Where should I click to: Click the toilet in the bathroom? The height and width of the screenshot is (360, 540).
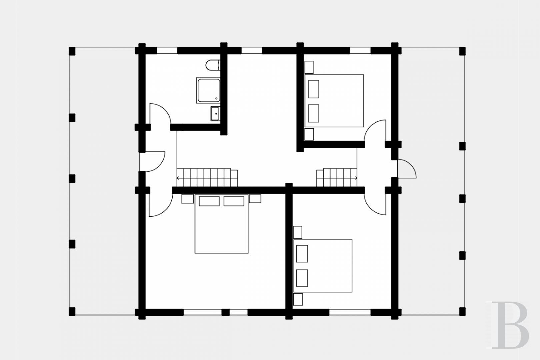pyautogui.click(x=213, y=65)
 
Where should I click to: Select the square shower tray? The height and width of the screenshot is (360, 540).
pyautogui.click(x=209, y=90)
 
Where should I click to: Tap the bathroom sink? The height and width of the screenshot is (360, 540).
pyautogui.click(x=215, y=114)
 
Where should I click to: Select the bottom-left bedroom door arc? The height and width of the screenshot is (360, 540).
pyautogui.click(x=167, y=210)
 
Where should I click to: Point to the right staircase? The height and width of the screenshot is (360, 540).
pyautogui.click(x=337, y=178)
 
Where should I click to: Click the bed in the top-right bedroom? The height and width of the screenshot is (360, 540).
pyautogui.click(x=334, y=101)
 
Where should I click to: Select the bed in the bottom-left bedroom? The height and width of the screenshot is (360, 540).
pyautogui.click(x=221, y=224)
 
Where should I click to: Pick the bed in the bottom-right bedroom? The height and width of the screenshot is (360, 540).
pyautogui.click(x=323, y=266)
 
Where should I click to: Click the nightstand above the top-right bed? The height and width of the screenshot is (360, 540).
pyautogui.click(x=309, y=67)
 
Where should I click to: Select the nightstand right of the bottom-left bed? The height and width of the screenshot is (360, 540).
pyautogui.click(x=255, y=199)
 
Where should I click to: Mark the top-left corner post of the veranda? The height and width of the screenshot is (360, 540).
pyautogui.click(x=72, y=51)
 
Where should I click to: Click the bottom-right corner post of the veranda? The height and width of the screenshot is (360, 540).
pyautogui.click(x=462, y=312)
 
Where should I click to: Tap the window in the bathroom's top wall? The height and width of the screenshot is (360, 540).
pyautogui.click(x=167, y=51)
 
